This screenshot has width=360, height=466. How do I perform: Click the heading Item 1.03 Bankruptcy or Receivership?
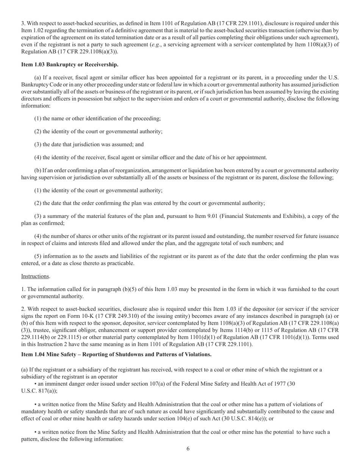tap(69, 65)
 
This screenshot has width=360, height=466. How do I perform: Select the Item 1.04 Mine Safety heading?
tap(116, 354)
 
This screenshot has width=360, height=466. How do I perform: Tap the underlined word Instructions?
tap(35, 276)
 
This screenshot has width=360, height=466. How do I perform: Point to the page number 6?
tap(188, 449)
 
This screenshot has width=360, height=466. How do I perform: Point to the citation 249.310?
tap(119, 316)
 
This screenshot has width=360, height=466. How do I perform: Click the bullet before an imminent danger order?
tap(36, 383)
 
